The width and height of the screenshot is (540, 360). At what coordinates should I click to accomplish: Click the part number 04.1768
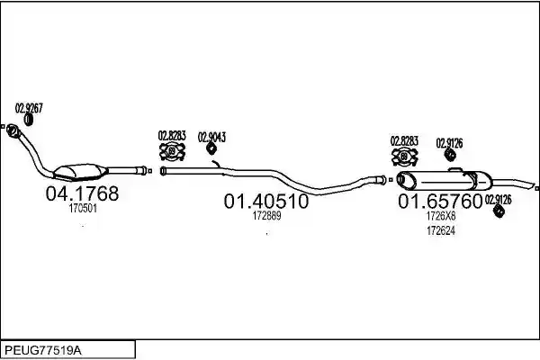pyautogui.click(x=82, y=193)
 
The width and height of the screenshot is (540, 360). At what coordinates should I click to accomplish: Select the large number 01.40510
pyautogui.click(x=266, y=202)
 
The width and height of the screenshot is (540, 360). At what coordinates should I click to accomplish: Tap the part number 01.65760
pyautogui.click(x=440, y=202)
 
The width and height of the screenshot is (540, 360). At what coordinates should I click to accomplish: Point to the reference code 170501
pyautogui.click(x=83, y=209)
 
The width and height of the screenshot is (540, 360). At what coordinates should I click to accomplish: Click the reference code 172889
pyautogui.click(x=267, y=216)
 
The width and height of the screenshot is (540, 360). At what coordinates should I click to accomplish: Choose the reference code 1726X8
pyautogui.click(x=441, y=216)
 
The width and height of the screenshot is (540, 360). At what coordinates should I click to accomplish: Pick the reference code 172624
pyautogui.click(x=441, y=230)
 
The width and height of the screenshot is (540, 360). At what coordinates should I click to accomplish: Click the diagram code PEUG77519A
pyautogui.click(x=43, y=351)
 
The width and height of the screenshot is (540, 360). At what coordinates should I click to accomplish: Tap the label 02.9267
pyautogui.click(x=29, y=108)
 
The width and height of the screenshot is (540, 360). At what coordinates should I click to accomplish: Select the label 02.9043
pyautogui.click(x=211, y=137)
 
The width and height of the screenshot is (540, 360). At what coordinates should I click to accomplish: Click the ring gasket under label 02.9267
pyautogui.click(x=29, y=120)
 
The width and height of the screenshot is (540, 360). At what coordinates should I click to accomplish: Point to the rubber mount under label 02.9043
pyautogui.click(x=211, y=148)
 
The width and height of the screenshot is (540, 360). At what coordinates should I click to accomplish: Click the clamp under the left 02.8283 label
pyautogui.click(x=172, y=151)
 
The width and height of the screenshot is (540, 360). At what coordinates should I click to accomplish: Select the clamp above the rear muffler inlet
pyautogui.click(x=405, y=157)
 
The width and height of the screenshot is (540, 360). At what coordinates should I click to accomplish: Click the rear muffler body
pyautogui.click(x=445, y=180)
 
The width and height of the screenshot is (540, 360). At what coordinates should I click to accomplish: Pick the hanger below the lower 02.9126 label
pyautogui.click(x=499, y=211)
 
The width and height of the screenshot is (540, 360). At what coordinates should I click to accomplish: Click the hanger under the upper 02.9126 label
pyautogui.click(x=450, y=154)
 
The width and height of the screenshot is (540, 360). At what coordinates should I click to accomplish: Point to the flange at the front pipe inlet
pyautogui.click(x=13, y=130)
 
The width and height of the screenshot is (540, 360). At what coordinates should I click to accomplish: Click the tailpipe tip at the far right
pyautogui.click(x=533, y=185)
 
